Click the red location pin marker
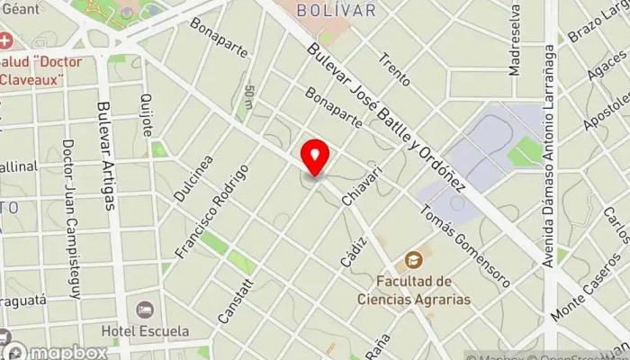[315, 157]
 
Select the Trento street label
[394, 69]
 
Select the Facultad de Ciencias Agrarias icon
[413, 261]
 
